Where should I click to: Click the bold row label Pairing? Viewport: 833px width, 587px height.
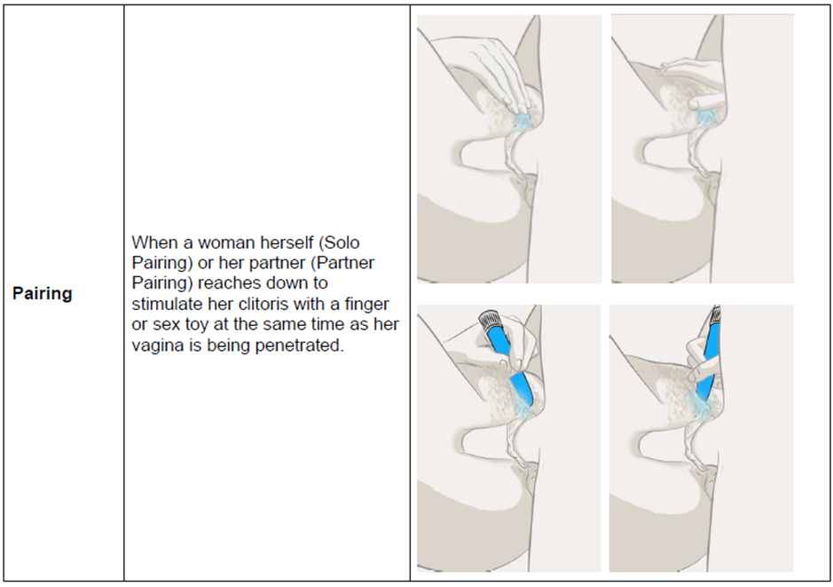coord(42,293)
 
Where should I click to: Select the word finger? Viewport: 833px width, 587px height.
coord(367,304)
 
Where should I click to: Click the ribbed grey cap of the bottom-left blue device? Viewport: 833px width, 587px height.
coord(489,320)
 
